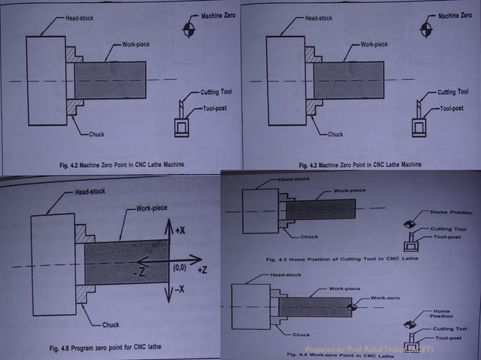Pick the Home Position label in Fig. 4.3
click(x=451, y=212)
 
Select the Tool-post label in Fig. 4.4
click(x=450, y=338)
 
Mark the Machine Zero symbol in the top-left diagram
click(x=188, y=29)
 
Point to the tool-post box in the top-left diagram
click(x=182, y=129)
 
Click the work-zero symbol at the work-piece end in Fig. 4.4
click(x=351, y=307)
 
